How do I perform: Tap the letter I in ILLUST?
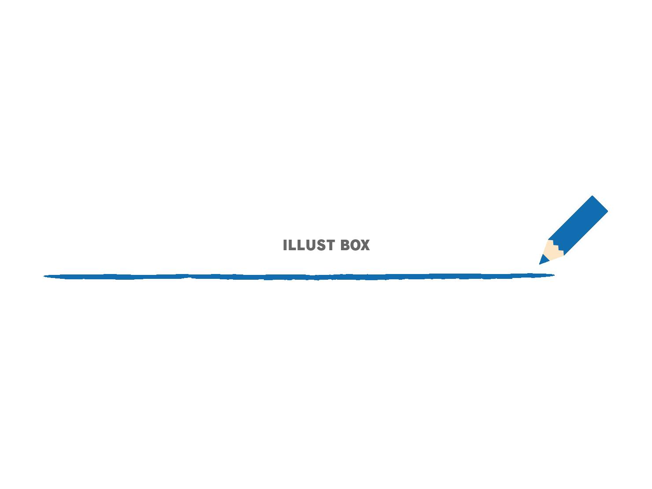pos(285,245)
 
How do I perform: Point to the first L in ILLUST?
pos(293,245)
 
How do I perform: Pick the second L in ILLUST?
pos(302,245)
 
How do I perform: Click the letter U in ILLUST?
pos(311,245)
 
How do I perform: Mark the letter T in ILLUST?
pos(330,245)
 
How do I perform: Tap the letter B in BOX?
pos(345,245)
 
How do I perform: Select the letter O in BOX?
pos(355,245)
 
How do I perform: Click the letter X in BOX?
pos(365,245)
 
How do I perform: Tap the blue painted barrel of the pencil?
pos(578,225)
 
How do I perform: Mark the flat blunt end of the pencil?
pos(600,204)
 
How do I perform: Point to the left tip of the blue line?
pos(44,276)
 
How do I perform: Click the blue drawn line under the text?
pos(299,277)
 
